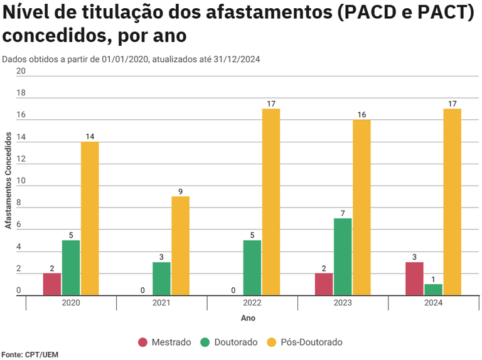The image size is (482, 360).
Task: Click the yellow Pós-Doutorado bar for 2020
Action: (x=90, y=218)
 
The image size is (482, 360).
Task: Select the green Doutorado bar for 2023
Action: (x=343, y=257)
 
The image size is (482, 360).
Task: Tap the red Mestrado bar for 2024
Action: (x=415, y=278)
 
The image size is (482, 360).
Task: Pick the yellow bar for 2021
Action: (x=180, y=246)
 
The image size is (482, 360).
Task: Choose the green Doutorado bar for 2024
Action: (x=433, y=289)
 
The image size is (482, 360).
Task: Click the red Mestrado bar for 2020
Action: (x=52, y=284)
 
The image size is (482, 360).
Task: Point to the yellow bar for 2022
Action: (x=271, y=202)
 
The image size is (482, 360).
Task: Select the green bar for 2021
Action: (x=161, y=278)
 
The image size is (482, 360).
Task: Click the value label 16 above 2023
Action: (x=361, y=114)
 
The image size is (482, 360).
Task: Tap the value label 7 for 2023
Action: (x=343, y=213)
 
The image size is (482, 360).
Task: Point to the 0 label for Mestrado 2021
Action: (x=143, y=290)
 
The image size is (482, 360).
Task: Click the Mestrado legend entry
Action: (x=164, y=342)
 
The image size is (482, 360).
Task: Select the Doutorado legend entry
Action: (x=229, y=342)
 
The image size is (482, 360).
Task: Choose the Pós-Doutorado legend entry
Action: (x=304, y=342)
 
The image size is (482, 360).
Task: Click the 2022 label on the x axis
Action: (x=252, y=303)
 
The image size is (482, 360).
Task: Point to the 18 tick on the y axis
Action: (x=21, y=93)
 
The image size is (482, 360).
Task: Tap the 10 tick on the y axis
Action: (x=21, y=181)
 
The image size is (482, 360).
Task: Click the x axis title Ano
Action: (x=248, y=319)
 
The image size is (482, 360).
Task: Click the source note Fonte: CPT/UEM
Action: (x=29, y=354)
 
